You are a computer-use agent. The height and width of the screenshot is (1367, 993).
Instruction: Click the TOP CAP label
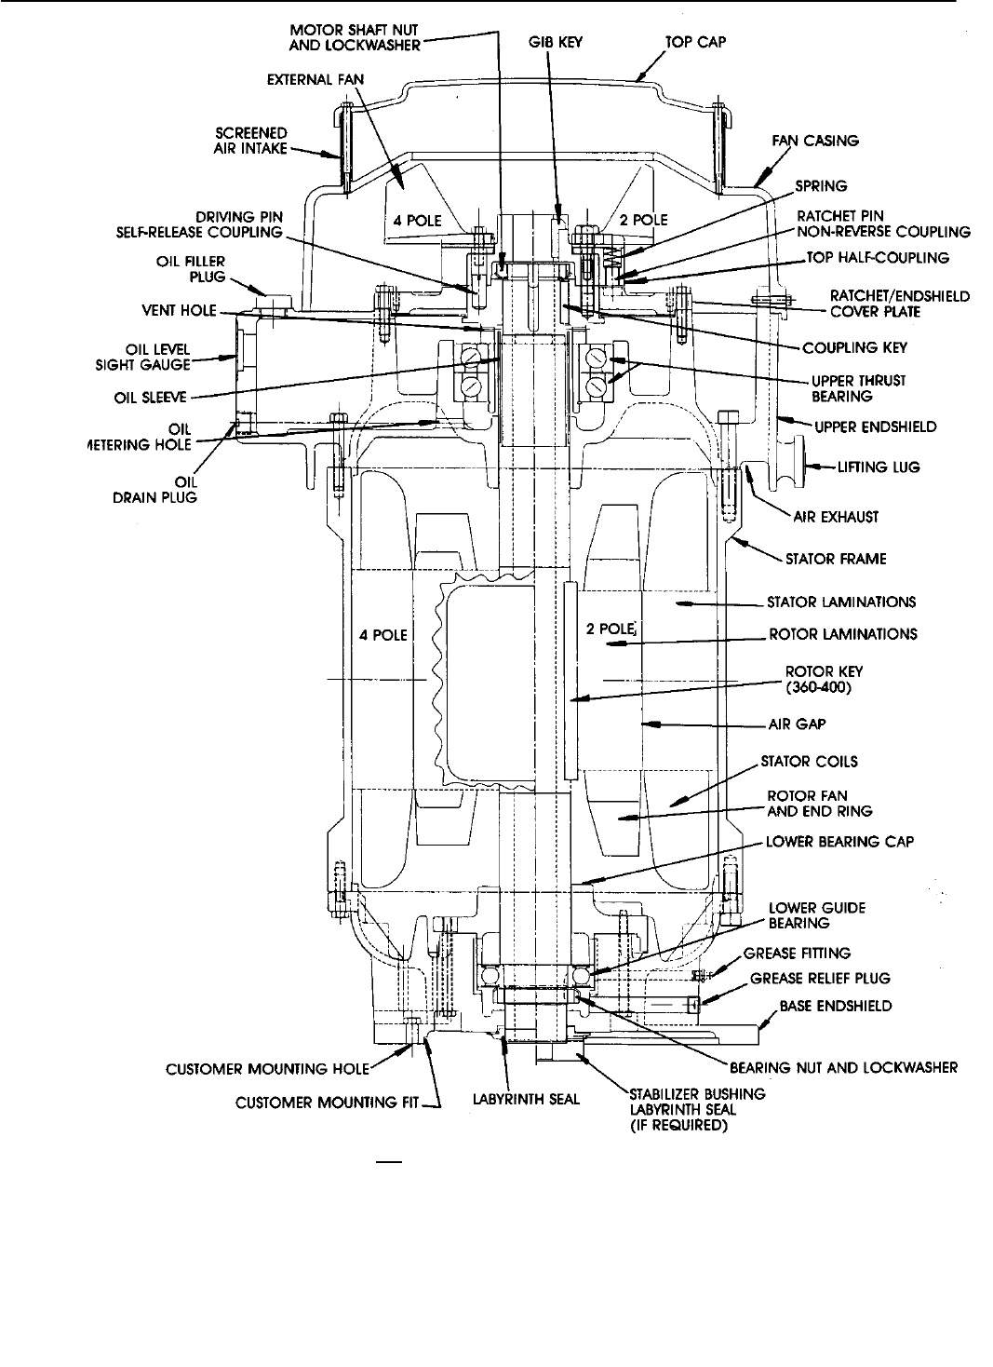695,42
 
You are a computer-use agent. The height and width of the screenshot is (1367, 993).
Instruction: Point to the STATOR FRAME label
836,559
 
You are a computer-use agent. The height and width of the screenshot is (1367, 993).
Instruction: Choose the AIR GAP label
798,723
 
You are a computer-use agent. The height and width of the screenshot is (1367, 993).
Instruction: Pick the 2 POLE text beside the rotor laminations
611,629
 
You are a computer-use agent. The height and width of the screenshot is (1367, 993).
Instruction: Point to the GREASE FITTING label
798,954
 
